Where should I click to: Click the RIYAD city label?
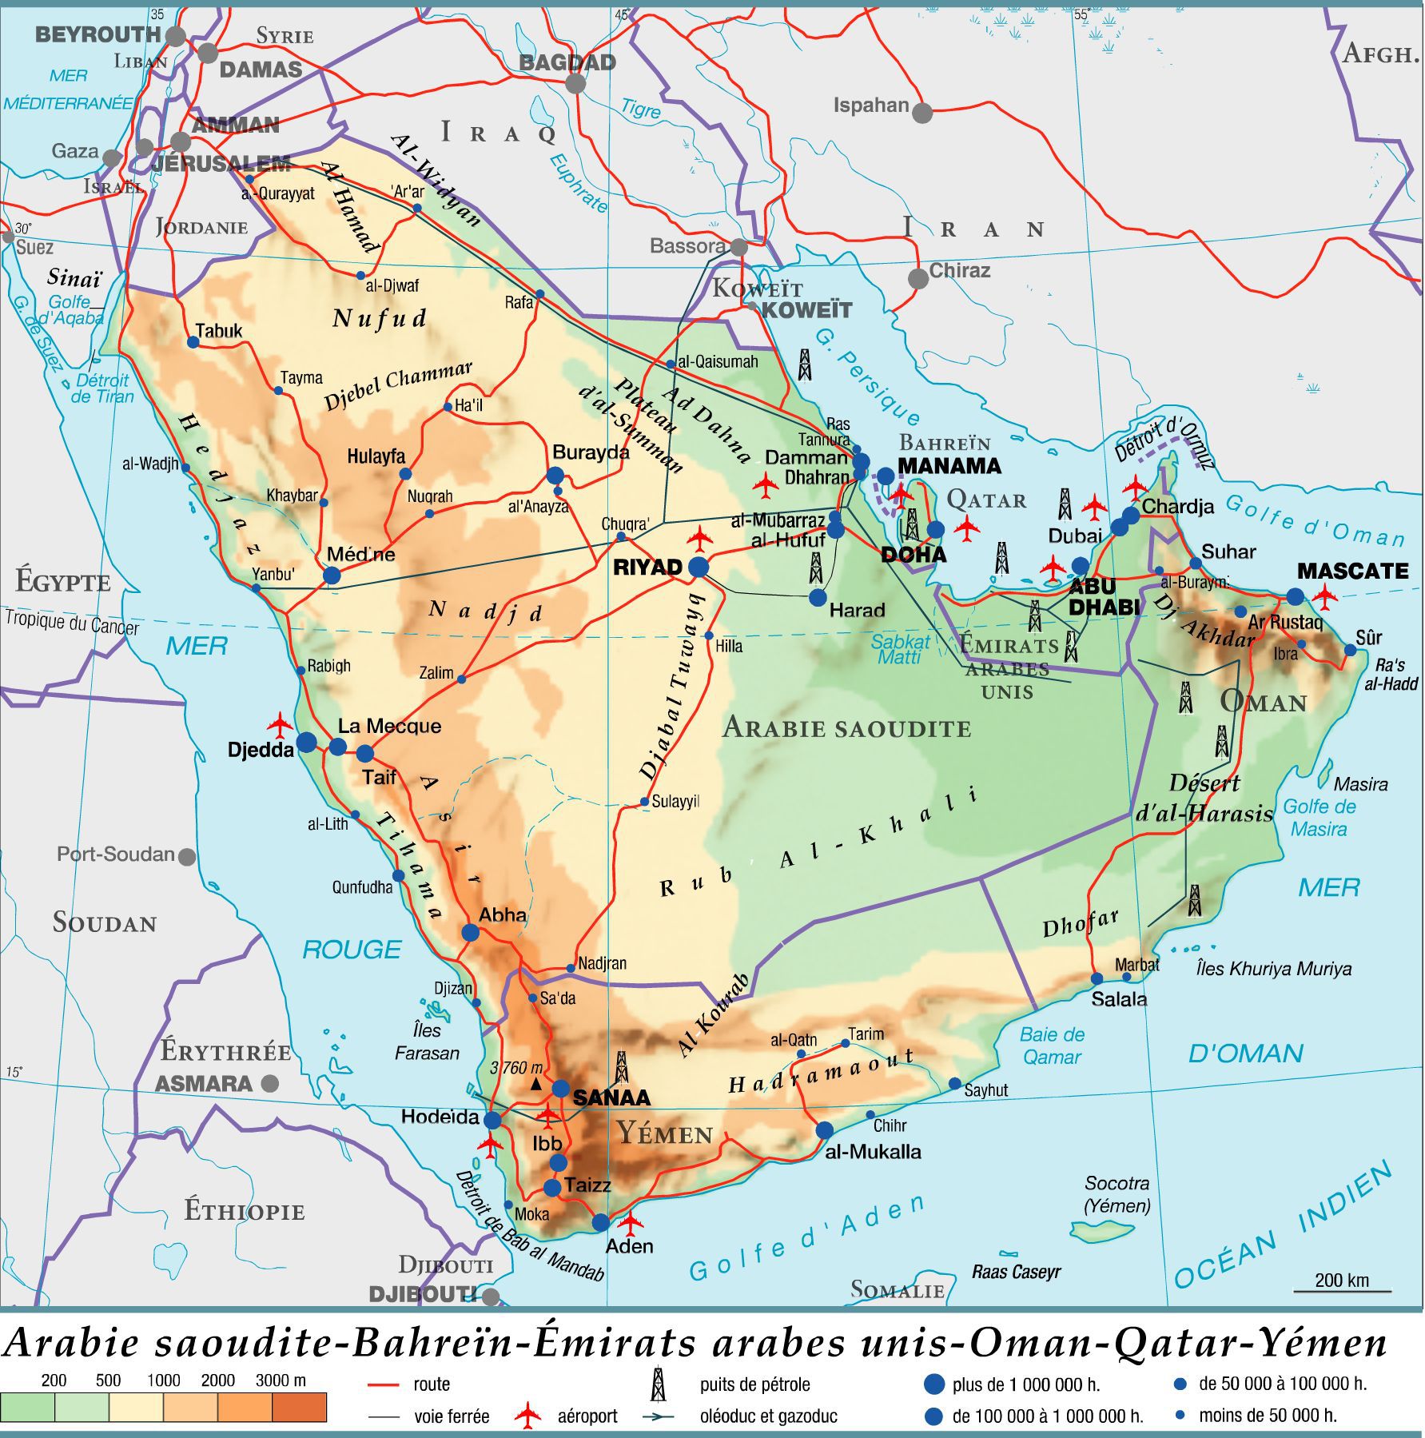click(x=647, y=568)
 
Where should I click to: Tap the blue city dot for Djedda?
click(x=307, y=743)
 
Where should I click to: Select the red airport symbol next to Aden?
click(x=631, y=1222)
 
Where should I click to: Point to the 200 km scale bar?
click(x=1343, y=1290)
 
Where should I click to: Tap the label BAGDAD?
click(x=567, y=62)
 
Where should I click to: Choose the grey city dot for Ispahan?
click(x=922, y=113)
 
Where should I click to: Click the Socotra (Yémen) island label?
click(x=1117, y=1194)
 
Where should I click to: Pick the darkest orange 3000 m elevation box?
click(x=299, y=1407)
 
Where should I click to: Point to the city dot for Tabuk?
click(x=193, y=342)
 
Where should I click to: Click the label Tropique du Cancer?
click(x=72, y=622)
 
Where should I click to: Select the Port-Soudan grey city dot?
click(x=187, y=857)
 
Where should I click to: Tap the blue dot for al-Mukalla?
click(x=824, y=1130)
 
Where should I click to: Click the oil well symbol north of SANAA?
click(x=622, y=1067)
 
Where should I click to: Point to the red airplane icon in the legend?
click(x=527, y=1416)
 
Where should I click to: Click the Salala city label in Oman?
click(x=1119, y=998)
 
